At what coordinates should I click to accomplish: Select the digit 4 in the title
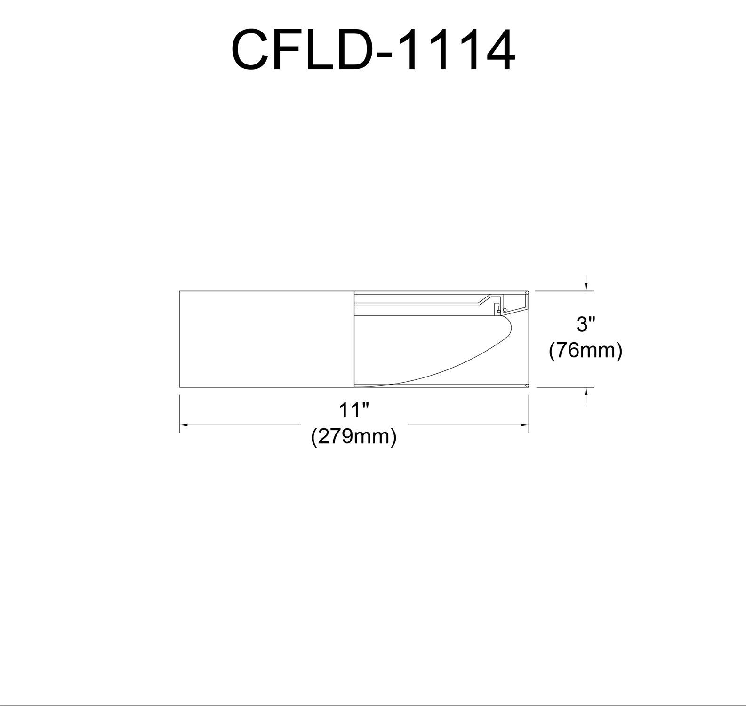click(x=497, y=49)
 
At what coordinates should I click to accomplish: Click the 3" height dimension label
click(x=586, y=325)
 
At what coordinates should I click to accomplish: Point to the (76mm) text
click(x=586, y=351)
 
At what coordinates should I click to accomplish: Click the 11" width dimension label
click(x=353, y=410)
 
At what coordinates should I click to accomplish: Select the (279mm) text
click(x=353, y=437)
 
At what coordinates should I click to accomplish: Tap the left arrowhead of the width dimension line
click(x=184, y=425)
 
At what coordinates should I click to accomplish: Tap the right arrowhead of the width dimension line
click(x=525, y=425)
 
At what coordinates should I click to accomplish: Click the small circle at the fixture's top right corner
click(x=527, y=292)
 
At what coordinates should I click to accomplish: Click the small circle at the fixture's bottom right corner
click(x=527, y=386)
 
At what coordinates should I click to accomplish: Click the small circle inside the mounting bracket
click(x=505, y=310)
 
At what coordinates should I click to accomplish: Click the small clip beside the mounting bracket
click(x=497, y=308)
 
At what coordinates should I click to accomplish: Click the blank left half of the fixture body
click(x=266, y=339)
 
